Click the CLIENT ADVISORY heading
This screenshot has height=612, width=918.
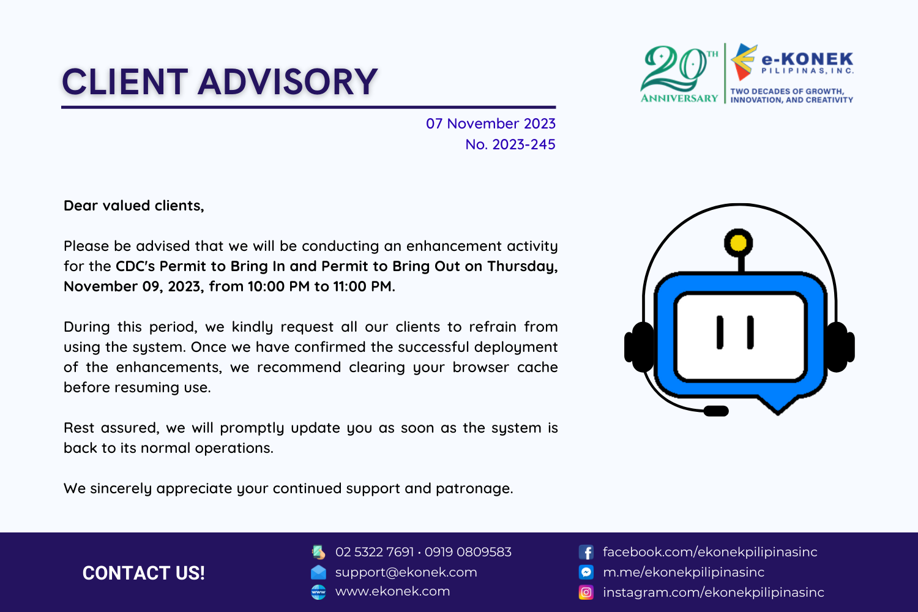click(x=219, y=82)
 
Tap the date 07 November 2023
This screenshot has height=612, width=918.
click(x=490, y=124)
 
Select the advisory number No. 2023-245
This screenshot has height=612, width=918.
click(x=510, y=144)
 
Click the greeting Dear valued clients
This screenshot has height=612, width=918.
click(x=133, y=206)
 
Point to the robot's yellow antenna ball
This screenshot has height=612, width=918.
click(x=739, y=243)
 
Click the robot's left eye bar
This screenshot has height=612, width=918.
click(x=720, y=332)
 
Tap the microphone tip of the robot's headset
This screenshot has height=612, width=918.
click(x=715, y=411)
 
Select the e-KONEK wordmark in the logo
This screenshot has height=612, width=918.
click(x=807, y=59)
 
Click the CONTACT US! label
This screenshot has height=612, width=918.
click(x=143, y=573)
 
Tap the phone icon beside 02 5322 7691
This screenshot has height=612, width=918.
click(x=318, y=552)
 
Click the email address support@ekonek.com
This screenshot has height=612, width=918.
click(x=406, y=572)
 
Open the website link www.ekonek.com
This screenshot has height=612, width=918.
click(x=392, y=591)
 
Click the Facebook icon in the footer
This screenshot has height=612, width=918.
click(x=586, y=552)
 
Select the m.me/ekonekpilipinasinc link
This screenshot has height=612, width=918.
click(x=683, y=572)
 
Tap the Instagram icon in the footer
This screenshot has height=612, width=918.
click(x=586, y=592)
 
